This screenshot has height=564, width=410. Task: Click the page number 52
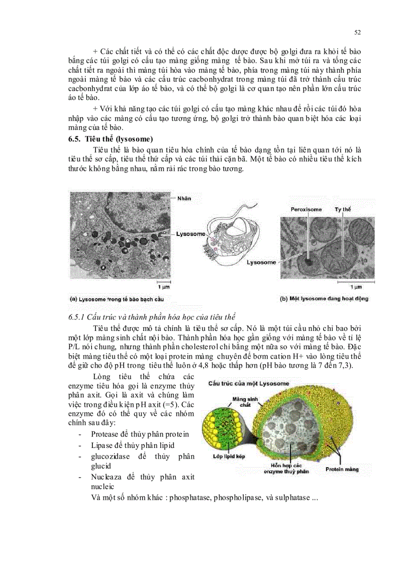(358, 33)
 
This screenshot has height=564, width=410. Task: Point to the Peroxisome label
(305, 209)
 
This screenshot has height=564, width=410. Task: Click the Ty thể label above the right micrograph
(344, 209)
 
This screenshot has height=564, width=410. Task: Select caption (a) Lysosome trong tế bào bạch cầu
(117, 299)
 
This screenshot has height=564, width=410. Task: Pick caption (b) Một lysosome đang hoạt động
(324, 299)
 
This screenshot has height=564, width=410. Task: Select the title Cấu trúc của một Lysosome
(249, 384)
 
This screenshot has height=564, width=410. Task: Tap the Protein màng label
(342, 469)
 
